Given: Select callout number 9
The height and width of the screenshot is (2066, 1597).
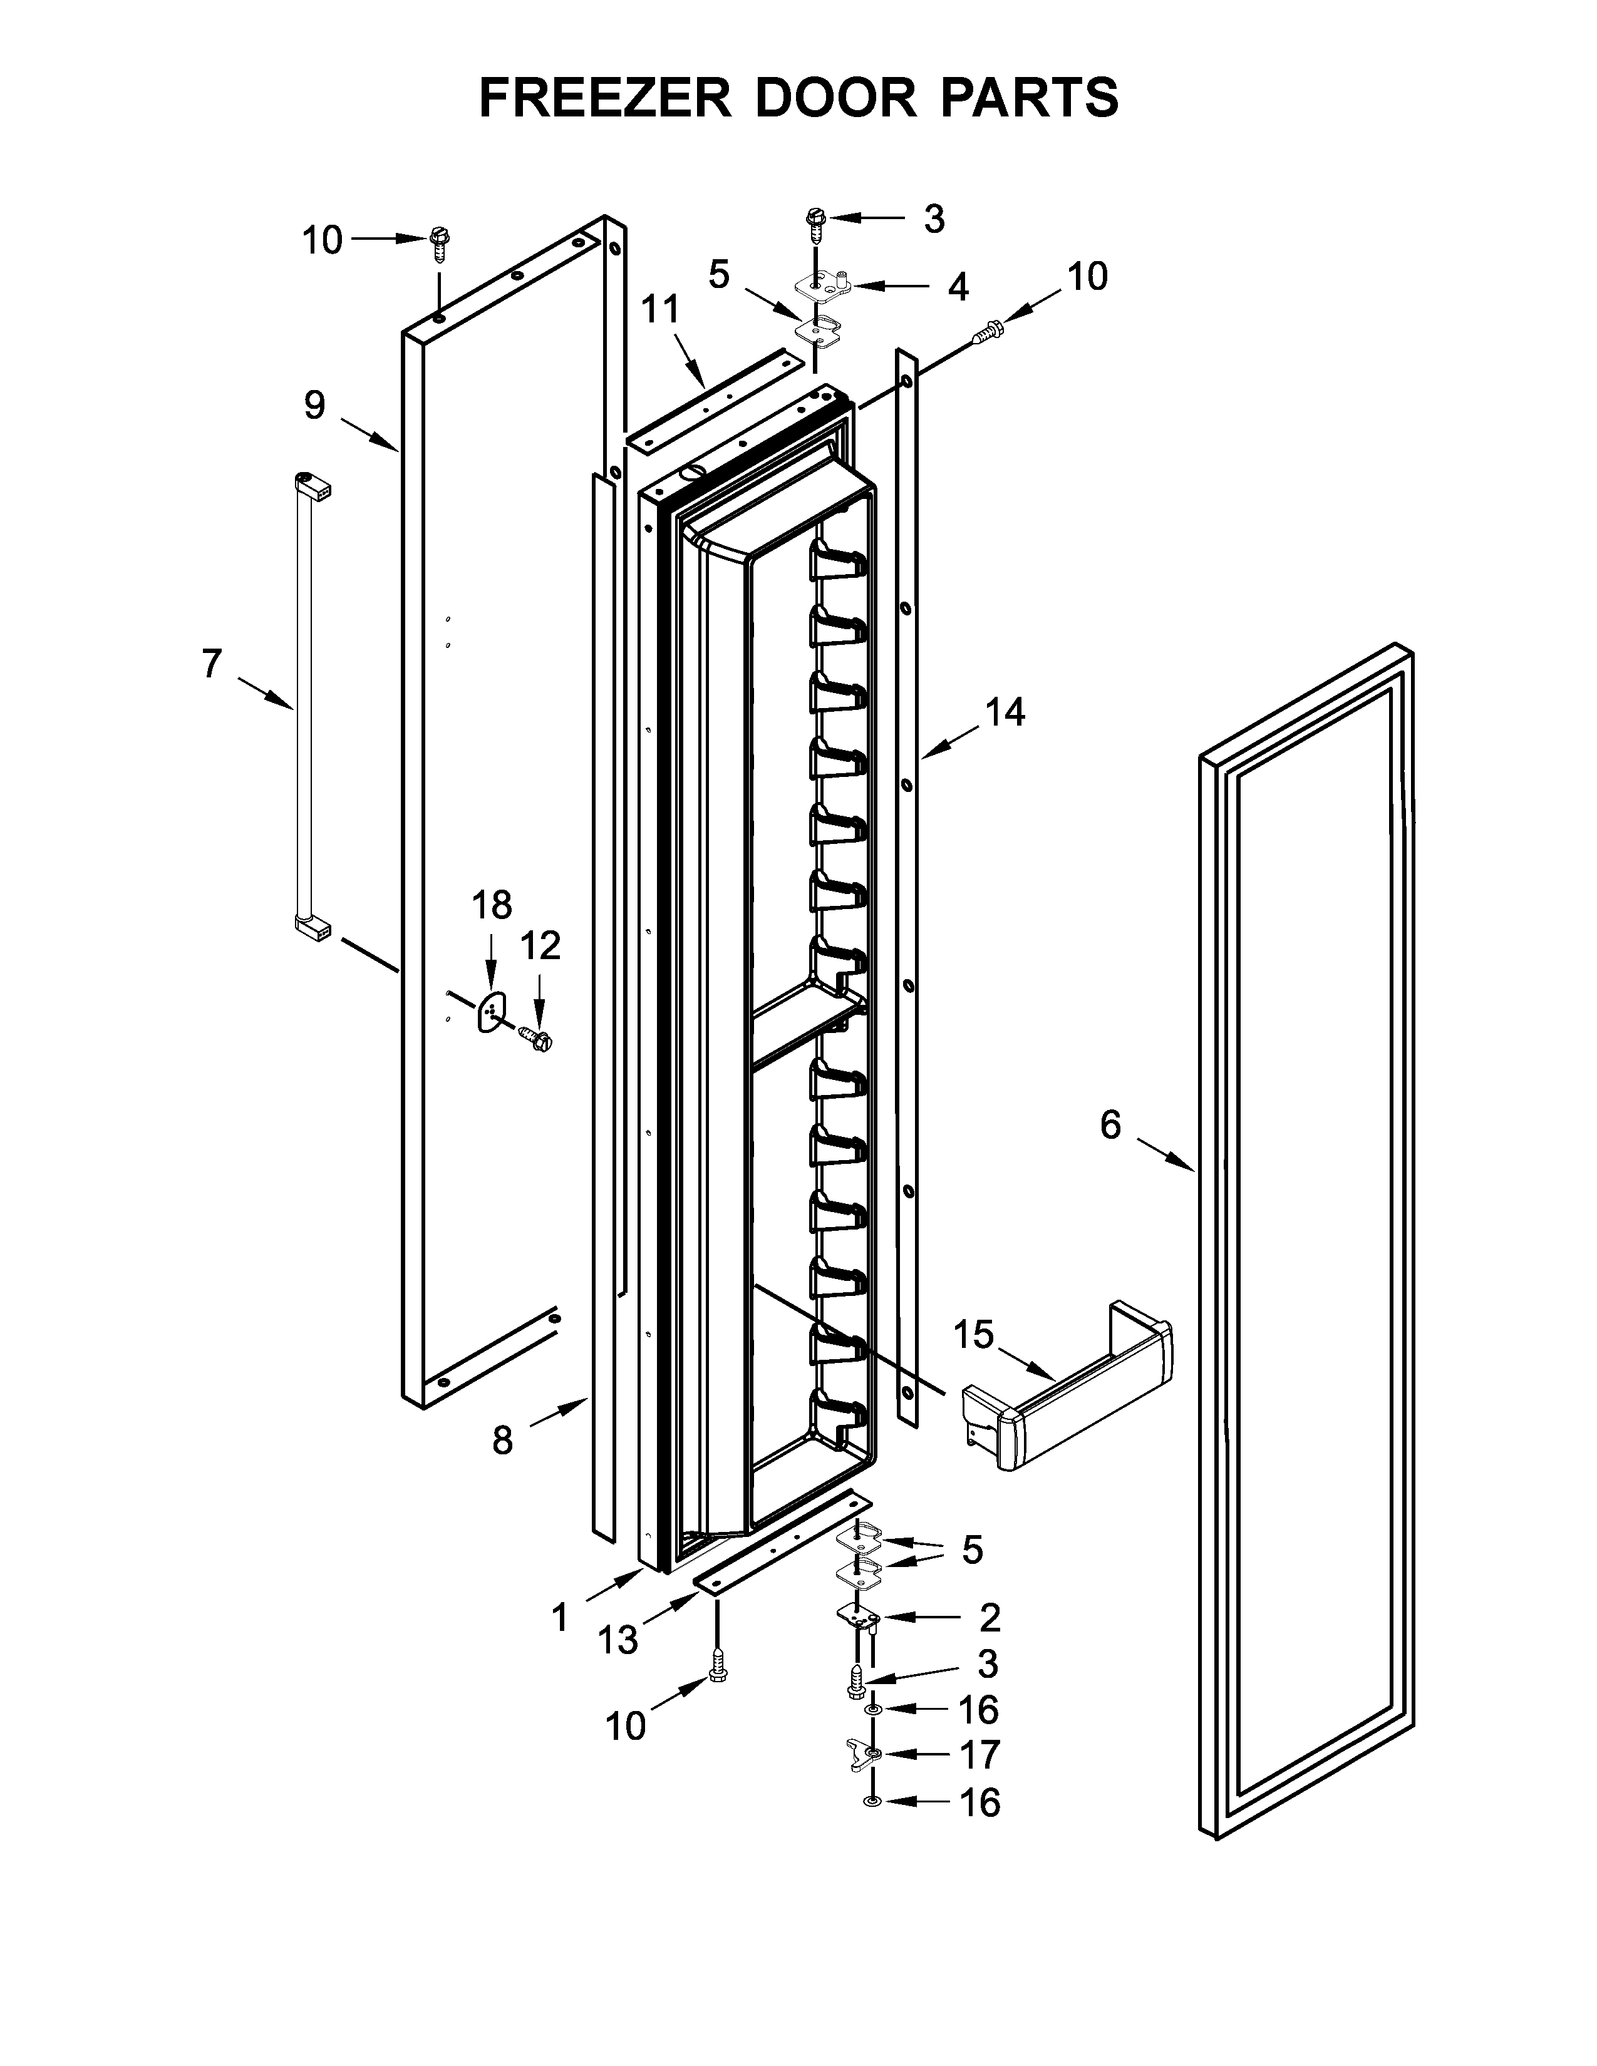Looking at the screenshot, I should (x=315, y=406).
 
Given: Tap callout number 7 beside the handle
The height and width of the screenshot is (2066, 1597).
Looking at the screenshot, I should (x=212, y=665).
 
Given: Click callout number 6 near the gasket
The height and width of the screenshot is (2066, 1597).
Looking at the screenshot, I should (x=1111, y=1126).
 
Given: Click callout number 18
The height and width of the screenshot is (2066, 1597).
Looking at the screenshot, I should (x=492, y=905).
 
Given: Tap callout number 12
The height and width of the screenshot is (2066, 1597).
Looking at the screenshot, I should (x=541, y=945).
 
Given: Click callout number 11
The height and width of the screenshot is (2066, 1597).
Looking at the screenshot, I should (x=660, y=309).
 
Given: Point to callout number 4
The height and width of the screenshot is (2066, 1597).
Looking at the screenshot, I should (x=958, y=287).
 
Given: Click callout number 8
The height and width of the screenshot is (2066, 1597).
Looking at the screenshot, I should (x=502, y=1441).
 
